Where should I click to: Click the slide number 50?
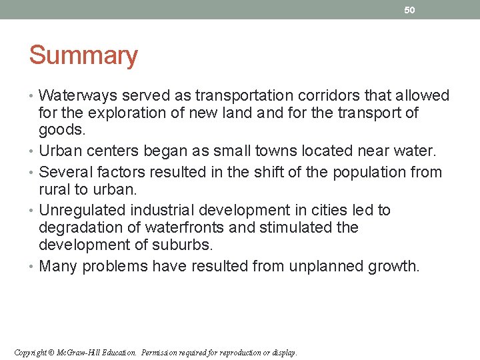[x=409, y=10]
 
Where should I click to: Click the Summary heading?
[x=83, y=55]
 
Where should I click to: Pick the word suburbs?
[x=185, y=245]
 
